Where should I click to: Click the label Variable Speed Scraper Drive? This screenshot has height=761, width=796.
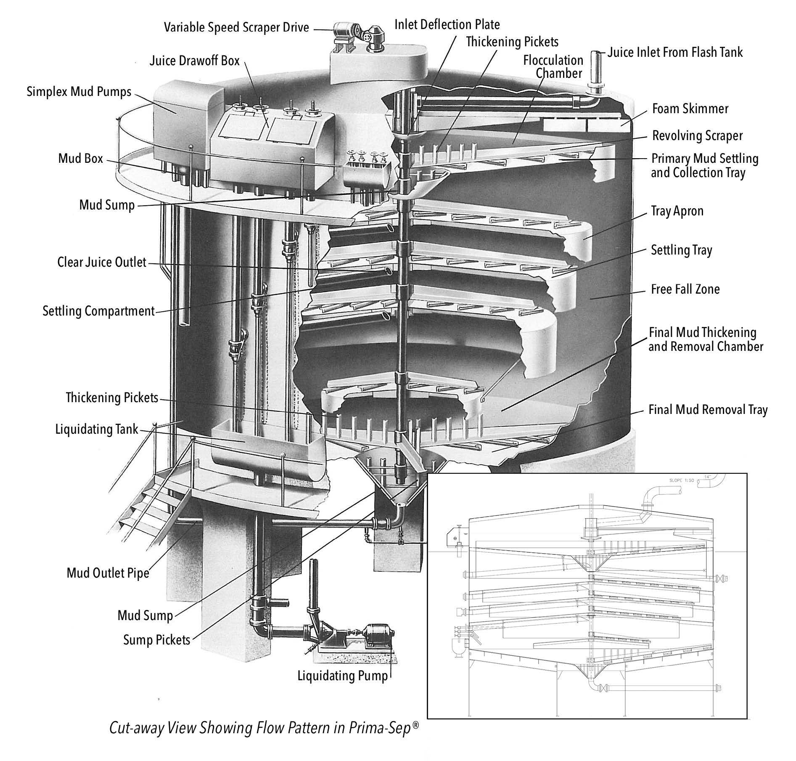tap(236, 28)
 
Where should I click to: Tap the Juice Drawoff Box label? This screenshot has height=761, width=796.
tap(194, 61)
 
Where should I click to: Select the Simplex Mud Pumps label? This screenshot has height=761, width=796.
tap(79, 92)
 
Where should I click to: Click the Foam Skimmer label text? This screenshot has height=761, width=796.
tap(690, 109)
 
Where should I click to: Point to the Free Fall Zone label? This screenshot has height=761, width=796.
tap(685, 289)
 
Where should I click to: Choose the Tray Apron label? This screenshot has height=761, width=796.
tap(677, 211)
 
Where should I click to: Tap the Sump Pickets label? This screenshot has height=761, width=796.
tap(156, 640)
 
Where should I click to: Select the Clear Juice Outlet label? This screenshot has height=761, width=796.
tap(102, 263)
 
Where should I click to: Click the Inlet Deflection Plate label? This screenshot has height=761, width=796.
tap(447, 25)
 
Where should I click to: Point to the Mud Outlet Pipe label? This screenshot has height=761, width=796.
tap(108, 573)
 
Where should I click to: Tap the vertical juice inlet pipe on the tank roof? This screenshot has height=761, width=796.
tap(595, 69)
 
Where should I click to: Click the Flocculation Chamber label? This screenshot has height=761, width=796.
tap(553, 66)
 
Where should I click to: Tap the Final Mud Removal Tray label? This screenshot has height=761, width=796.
tap(708, 410)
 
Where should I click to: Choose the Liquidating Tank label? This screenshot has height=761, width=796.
tap(97, 430)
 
